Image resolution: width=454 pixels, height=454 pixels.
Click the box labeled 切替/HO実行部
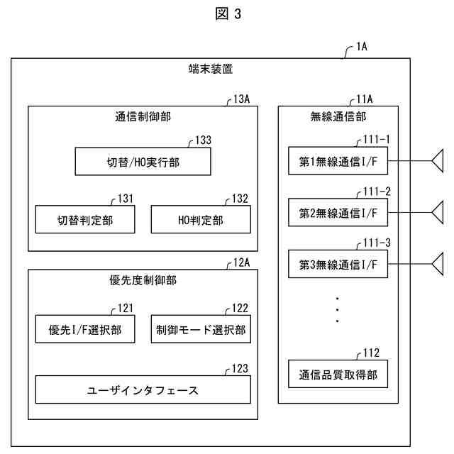(x=143, y=162)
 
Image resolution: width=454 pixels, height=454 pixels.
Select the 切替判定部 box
(x=85, y=219)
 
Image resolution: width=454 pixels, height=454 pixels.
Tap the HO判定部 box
(x=201, y=219)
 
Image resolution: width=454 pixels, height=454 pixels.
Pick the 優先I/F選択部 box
(x=85, y=329)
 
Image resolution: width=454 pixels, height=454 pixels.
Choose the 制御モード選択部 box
(x=201, y=329)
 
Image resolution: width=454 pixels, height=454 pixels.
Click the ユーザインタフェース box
(x=143, y=389)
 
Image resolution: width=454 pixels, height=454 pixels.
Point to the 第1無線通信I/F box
(x=338, y=161)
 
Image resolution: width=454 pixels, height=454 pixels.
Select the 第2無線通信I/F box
(x=338, y=212)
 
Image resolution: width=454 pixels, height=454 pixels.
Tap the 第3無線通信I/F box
(x=338, y=264)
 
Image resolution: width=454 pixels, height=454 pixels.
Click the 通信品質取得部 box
(x=338, y=374)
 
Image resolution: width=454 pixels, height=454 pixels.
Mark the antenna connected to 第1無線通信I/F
(x=438, y=161)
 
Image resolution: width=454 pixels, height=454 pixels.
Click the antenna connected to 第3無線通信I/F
(x=438, y=264)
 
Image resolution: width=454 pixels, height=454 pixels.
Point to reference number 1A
(x=362, y=46)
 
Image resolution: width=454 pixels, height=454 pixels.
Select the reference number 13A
(x=241, y=99)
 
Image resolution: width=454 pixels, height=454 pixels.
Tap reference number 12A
(x=241, y=262)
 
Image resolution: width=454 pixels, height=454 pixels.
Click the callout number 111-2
(x=377, y=192)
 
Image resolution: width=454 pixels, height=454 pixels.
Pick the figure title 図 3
(x=228, y=13)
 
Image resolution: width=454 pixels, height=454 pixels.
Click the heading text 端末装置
(x=211, y=69)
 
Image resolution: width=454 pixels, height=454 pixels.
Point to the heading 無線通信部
(x=338, y=116)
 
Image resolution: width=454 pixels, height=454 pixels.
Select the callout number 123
(x=240, y=369)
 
